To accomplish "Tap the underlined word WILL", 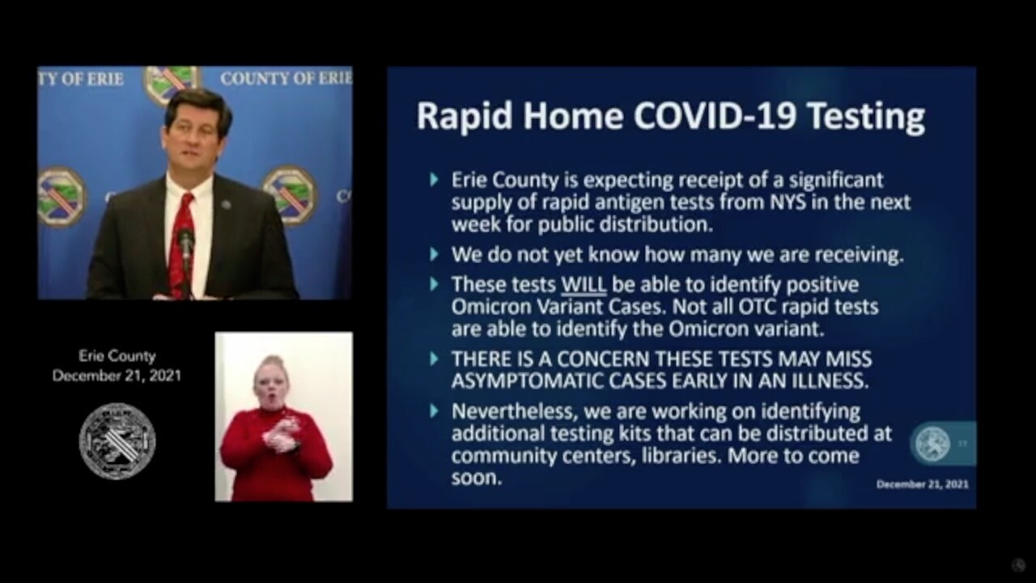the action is [x=584, y=285].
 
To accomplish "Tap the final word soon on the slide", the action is [x=477, y=479].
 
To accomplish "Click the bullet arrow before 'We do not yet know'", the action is [x=434, y=254].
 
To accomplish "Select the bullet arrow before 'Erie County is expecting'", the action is [x=434, y=180].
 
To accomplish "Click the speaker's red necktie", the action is [x=183, y=245].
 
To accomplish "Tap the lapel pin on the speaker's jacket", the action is [x=226, y=204].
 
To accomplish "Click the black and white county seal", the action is [x=117, y=441].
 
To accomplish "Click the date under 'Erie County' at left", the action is [x=117, y=376].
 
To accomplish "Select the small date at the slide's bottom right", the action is [x=922, y=484].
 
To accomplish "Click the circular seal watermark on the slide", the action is [x=933, y=444].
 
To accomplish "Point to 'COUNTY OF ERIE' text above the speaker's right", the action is [x=287, y=79].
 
